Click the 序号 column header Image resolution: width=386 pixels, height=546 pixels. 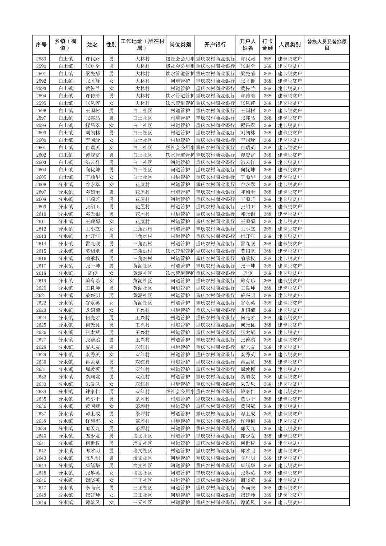41,45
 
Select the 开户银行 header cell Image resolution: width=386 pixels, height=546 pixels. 215,45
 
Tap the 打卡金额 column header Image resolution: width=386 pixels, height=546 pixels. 267,45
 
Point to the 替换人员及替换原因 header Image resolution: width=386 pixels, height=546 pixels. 326,45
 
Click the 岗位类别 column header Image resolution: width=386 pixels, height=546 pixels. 180,45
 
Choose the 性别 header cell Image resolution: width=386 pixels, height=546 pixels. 111,45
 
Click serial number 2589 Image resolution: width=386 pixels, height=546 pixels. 41,59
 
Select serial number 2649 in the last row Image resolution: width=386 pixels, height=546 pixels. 41,503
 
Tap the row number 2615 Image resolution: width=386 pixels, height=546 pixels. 41,251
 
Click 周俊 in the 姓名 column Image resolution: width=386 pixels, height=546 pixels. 92,273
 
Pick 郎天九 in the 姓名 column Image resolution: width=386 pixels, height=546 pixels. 92,429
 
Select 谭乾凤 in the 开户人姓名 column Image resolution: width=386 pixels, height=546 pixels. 248,503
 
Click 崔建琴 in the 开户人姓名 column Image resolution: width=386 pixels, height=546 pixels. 248,495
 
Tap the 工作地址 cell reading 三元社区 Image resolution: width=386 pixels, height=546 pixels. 142,503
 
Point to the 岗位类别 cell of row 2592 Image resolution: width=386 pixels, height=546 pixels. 180,81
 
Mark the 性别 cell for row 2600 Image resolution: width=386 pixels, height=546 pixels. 111,140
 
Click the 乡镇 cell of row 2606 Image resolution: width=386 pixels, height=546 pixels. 66,185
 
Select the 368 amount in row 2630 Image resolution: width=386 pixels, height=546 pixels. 267,362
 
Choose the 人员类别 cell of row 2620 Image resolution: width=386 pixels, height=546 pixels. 290,288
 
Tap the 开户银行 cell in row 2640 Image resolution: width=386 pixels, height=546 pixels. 215,436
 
